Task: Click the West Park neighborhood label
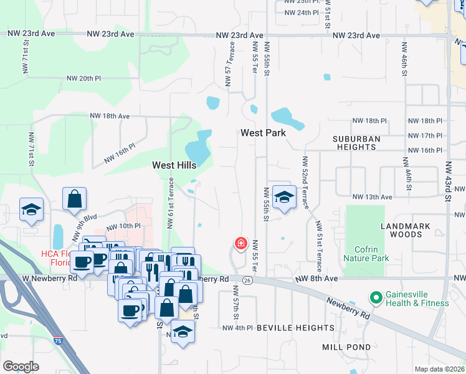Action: (x=263, y=133)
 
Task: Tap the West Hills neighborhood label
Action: (x=174, y=165)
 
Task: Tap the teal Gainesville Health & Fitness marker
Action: (x=375, y=299)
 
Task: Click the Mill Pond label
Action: (x=346, y=347)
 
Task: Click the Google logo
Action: (x=21, y=366)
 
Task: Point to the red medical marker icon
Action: (x=240, y=243)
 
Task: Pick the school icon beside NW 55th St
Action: (x=284, y=198)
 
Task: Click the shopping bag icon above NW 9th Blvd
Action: (x=74, y=199)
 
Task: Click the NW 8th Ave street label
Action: (x=318, y=278)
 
